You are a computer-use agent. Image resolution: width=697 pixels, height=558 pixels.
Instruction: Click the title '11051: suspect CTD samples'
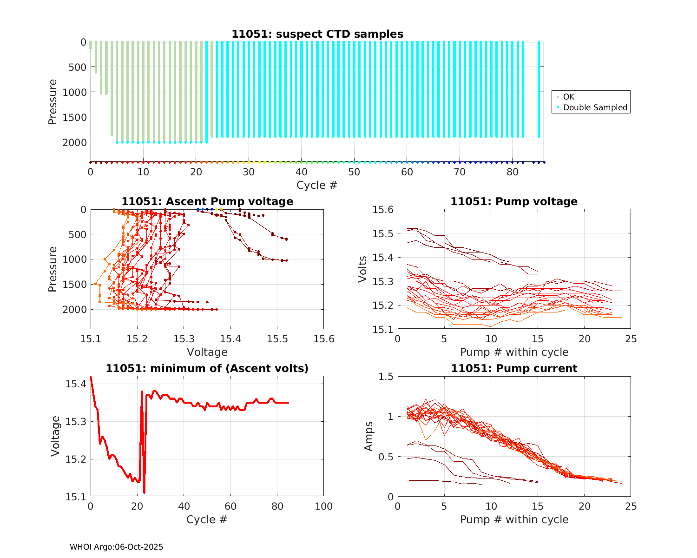(x=317, y=34)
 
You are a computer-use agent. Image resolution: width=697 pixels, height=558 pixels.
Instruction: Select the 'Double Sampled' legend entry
(x=595, y=107)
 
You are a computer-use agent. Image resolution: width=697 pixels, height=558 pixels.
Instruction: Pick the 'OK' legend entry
(x=568, y=97)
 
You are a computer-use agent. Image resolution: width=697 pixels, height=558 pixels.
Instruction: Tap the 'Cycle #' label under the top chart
(x=317, y=185)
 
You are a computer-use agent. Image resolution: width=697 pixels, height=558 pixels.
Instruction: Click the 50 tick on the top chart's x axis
(x=354, y=172)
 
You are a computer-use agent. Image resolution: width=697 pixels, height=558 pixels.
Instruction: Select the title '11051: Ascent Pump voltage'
(x=207, y=201)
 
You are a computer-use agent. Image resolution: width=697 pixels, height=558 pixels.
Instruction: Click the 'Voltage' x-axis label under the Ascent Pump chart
(x=207, y=352)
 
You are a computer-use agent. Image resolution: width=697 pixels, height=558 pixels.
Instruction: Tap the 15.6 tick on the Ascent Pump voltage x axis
(x=323, y=339)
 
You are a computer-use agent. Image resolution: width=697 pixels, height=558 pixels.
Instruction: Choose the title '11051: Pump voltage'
(x=514, y=201)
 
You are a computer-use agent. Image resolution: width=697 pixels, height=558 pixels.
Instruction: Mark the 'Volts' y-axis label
(x=363, y=269)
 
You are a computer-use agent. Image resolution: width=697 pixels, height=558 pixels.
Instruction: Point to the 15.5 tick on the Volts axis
(x=383, y=233)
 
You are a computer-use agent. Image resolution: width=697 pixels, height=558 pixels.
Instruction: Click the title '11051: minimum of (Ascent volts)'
(x=207, y=368)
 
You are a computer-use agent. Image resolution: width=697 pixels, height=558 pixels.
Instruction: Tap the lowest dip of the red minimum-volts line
(x=145, y=492)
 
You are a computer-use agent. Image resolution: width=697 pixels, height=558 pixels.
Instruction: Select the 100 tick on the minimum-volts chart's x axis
(x=323, y=506)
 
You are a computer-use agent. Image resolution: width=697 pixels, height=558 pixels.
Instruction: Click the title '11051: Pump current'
(x=514, y=368)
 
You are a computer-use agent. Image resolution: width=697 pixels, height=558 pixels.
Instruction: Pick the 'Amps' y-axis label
(x=369, y=436)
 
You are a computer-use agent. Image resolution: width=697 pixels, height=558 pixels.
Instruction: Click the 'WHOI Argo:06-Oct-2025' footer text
(x=116, y=547)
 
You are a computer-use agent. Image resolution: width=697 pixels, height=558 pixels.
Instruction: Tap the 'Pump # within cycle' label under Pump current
(x=514, y=519)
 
